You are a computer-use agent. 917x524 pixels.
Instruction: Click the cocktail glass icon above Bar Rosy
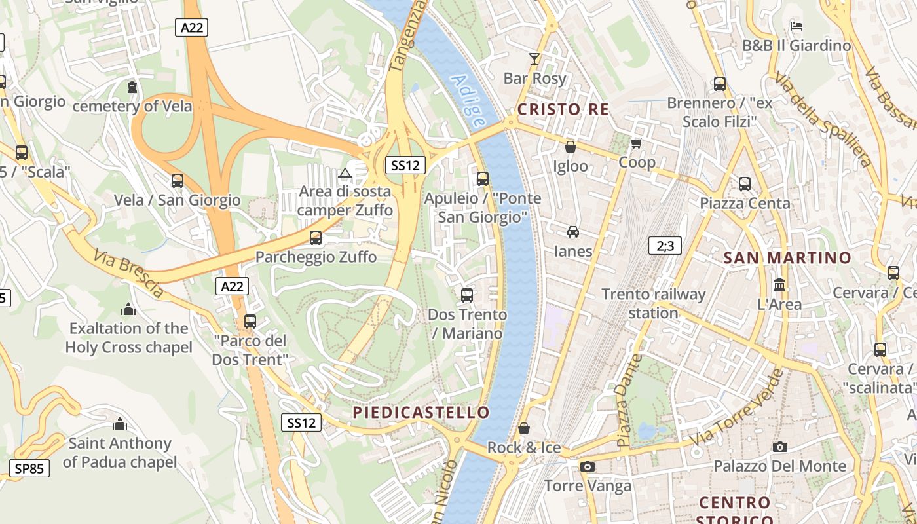(x=534, y=59)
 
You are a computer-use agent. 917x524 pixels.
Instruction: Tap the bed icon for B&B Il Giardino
(x=796, y=26)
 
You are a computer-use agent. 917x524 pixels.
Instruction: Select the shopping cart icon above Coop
(x=636, y=143)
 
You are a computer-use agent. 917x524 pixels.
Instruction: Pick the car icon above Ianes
(x=573, y=232)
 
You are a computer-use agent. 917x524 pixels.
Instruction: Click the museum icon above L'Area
(x=779, y=285)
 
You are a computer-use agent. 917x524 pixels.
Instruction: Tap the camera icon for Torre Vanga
(x=588, y=466)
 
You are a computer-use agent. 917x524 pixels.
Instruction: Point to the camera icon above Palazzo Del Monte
(x=779, y=447)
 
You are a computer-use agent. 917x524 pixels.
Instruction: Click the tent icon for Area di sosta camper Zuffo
(x=345, y=174)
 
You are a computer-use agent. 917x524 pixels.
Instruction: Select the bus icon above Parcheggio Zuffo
(x=316, y=238)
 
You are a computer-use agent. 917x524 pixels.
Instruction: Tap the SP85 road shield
(x=29, y=468)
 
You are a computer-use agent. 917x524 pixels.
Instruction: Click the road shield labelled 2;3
(x=665, y=246)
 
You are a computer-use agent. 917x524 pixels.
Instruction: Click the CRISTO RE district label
(x=563, y=109)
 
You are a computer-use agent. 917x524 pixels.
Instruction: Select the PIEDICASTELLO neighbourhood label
(x=421, y=412)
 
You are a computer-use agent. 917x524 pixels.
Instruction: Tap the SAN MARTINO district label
(x=787, y=258)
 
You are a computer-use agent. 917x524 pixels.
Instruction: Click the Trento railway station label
(x=653, y=303)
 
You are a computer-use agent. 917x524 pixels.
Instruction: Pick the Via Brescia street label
(x=128, y=273)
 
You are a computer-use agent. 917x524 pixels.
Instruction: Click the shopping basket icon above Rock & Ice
(x=524, y=429)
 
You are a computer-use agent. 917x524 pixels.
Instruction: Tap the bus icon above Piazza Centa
(x=745, y=184)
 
